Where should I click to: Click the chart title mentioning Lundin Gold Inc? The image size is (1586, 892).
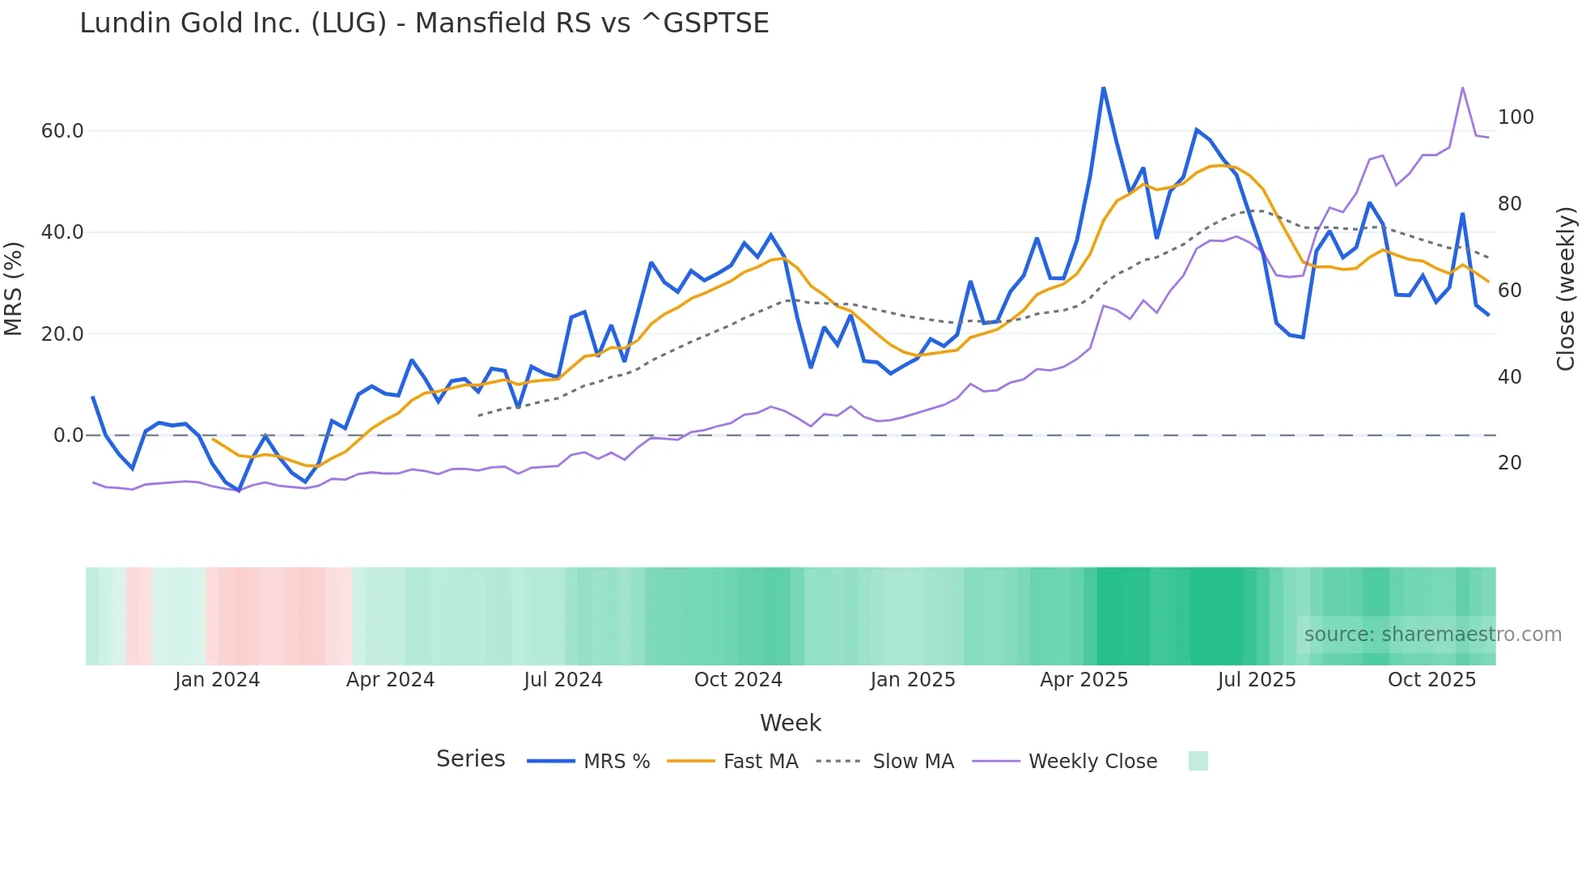point(424,23)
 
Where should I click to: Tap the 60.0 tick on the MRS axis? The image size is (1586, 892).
point(62,131)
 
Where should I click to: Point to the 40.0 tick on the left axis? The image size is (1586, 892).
point(62,232)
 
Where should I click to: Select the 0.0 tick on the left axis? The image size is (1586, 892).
point(68,435)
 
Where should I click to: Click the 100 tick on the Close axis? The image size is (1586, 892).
point(1516,117)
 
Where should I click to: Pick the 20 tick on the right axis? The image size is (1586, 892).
point(1509,463)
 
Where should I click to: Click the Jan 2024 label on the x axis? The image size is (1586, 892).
point(217,680)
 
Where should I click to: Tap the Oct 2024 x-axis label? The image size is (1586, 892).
point(738,680)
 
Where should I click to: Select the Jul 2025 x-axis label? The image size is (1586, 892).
point(1257,680)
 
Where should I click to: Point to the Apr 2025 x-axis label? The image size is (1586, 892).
point(1083,680)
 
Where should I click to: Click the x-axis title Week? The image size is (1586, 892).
point(790,723)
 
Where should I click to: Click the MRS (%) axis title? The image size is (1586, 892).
point(13,288)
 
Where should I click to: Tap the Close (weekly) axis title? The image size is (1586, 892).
point(1566,288)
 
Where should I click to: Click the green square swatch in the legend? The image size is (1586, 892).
point(1198,761)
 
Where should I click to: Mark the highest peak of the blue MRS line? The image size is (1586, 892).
point(1103,88)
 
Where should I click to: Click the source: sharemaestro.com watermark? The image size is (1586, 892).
point(1432,635)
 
